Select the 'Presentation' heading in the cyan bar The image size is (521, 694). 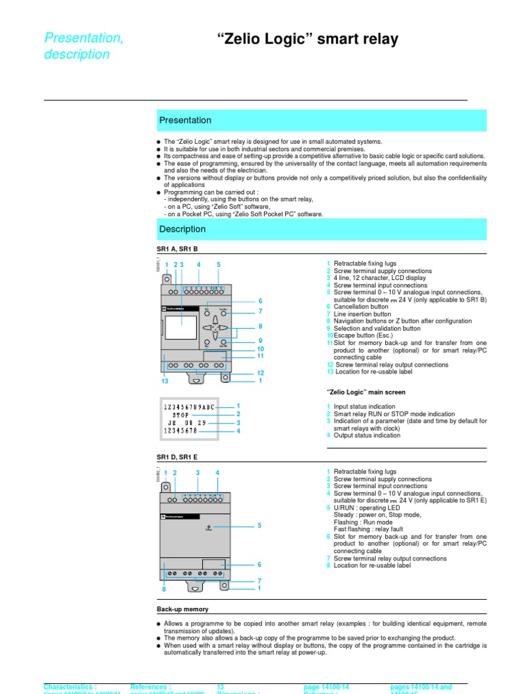point(185,120)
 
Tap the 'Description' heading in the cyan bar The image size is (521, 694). point(182,229)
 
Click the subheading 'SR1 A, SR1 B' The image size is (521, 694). point(176,249)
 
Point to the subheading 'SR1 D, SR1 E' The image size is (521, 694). point(176,457)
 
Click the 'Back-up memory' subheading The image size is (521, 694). point(182,609)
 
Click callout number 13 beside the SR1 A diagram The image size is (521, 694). point(164,382)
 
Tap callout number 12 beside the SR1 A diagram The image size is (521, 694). point(260,373)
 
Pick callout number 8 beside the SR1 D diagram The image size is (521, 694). point(163,590)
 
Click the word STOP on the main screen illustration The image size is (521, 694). point(180,414)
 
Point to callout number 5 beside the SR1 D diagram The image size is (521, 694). point(259,525)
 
